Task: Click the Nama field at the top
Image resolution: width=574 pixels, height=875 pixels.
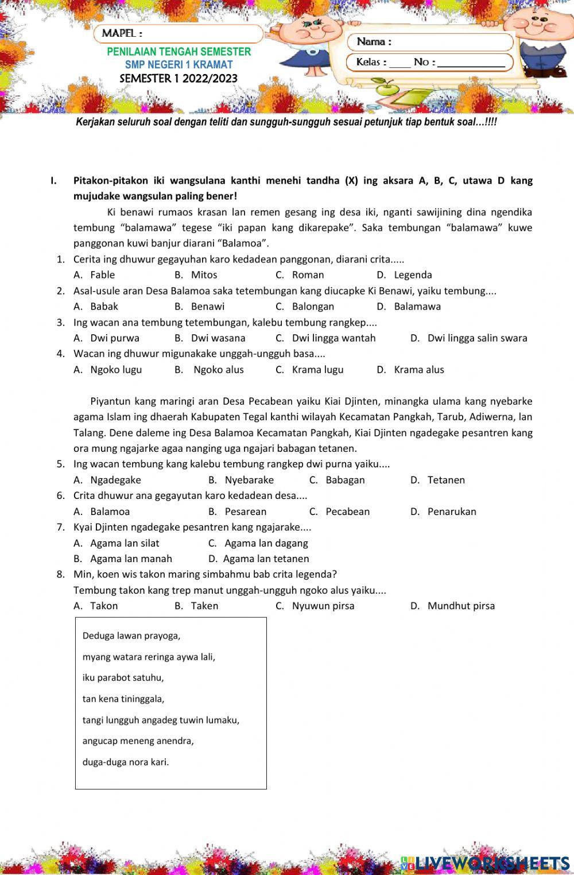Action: click(x=430, y=42)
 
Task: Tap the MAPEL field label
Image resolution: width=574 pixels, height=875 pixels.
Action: click(x=122, y=33)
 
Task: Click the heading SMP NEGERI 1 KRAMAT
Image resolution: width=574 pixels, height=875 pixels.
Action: click(x=179, y=65)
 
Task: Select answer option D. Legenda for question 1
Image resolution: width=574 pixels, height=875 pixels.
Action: click(x=405, y=275)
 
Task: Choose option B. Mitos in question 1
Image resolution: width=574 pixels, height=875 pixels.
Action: click(x=196, y=275)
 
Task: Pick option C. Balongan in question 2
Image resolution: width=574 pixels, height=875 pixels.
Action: click(x=305, y=307)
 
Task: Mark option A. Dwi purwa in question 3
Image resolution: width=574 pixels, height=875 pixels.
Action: click(x=107, y=338)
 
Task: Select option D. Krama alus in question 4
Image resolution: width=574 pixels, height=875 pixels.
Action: click(x=410, y=370)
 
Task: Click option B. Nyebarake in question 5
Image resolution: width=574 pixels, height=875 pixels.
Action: click(x=241, y=480)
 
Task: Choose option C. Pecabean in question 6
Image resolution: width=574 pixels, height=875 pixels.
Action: click(x=340, y=512)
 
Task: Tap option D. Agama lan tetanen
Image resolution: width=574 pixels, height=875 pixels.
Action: click(x=259, y=559)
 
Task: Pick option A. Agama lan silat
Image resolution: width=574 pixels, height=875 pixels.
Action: click(x=117, y=543)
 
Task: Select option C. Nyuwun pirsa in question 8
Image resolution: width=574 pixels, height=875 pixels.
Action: click(x=315, y=606)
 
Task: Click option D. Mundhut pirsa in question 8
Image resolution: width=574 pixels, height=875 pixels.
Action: click(x=453, y=606)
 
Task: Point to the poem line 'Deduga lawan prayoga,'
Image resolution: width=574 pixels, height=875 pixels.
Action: click(x=131, y=636)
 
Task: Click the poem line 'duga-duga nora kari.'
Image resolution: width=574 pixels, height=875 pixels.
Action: click(x=126, y=762)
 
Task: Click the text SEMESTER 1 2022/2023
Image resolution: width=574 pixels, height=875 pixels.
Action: click(x=179, y=79)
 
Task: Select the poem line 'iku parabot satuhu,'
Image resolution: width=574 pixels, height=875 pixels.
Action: click(x=123, y=677)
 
